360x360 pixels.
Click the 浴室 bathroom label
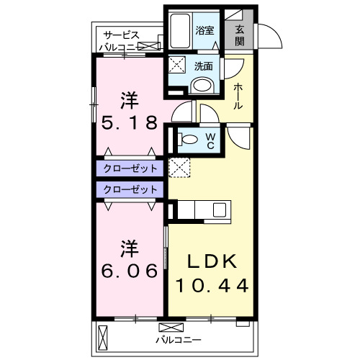click(205, 30)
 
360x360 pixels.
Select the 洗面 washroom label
click(204, 66)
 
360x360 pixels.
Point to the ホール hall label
click(238, 96)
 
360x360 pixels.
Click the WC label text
click(210, 139)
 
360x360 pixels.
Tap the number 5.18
click(129, 122)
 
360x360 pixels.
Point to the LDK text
click(212, 261)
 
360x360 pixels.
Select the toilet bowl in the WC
click(189, 140)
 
